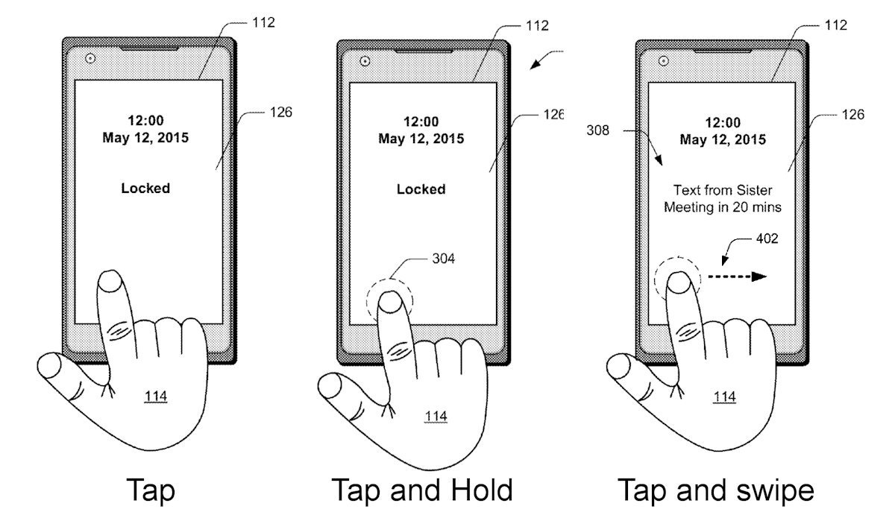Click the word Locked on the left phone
tap(145, 188)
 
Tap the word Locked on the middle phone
tap(421, 189)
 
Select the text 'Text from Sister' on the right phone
tap(723, 190)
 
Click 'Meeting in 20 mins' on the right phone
tap(723, 207)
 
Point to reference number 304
tap(443, 259)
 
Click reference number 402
tap(767, 238)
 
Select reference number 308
tap(597, 130)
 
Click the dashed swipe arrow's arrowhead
tap(759, 277)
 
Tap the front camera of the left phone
tap(90, 59)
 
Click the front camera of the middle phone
tap(365, 61)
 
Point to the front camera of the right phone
tap(663, 61)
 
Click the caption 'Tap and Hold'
tap(422, 490)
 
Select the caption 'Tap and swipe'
tap(715, 491)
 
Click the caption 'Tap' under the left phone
tap(151, 490)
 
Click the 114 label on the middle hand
tap(436, 417)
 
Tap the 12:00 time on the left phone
tap(145, 120)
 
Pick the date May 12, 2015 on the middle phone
tap(421, 139)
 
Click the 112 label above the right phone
tap(836, 25)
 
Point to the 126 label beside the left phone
tap(281, 113)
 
